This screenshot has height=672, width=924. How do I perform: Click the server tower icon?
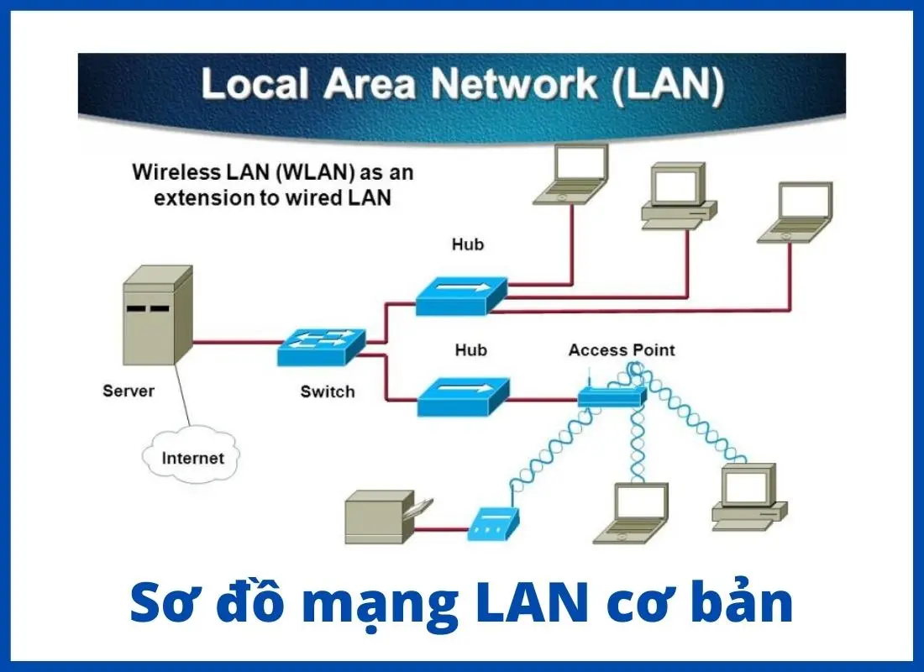pos(158,315)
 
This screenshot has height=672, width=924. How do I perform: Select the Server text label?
pos(129,391)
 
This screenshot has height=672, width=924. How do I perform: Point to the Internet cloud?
pos(192,458)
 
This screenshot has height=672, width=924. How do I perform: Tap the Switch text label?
pos(328,391)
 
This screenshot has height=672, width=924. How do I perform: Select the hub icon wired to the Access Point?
pos(463,396)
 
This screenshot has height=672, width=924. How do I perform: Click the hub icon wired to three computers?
pos(461,295)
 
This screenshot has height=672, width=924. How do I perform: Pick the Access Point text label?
pos(621,349)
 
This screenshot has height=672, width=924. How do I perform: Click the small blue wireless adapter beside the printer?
pos(493,525)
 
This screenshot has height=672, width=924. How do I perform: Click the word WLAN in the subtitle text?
pos(314,173)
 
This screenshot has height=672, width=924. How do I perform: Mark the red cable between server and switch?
pos(235,343)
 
